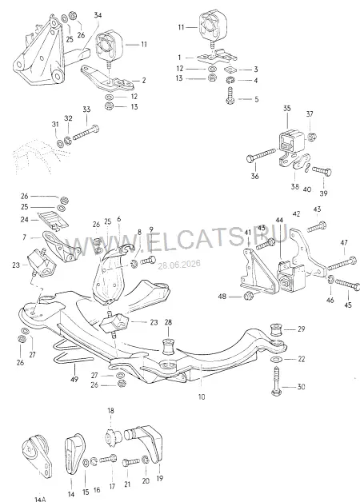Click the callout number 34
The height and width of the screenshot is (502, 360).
[x=98, y=14]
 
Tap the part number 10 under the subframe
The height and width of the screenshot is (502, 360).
[x=201, y=397]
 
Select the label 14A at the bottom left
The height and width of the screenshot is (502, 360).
[x=40, y=499]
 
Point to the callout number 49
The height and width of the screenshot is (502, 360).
[x=75, y=379]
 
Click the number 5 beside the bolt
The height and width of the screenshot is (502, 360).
[x=257, y=99]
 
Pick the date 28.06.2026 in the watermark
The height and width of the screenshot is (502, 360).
[x=179, y=265]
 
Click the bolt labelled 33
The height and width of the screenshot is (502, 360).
[x=86, y=133]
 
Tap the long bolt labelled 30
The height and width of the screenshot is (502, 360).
[x=277, y=381]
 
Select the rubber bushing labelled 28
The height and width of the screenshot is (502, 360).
[x=169, y=345]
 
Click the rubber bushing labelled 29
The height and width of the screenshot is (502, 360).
[x=276, y=330]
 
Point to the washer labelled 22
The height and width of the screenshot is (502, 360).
[x=276, y=359]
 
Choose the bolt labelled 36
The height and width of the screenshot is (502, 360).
[x=261, y=154]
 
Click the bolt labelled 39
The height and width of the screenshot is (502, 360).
[x=322, y=170]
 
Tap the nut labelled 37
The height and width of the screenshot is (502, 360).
[x=310, y=137]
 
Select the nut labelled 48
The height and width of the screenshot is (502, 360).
[x=248, y=296]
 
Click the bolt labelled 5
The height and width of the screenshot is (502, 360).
[x=230, y=96]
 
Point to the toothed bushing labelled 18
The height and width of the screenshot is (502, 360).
[x=113, y=436]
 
